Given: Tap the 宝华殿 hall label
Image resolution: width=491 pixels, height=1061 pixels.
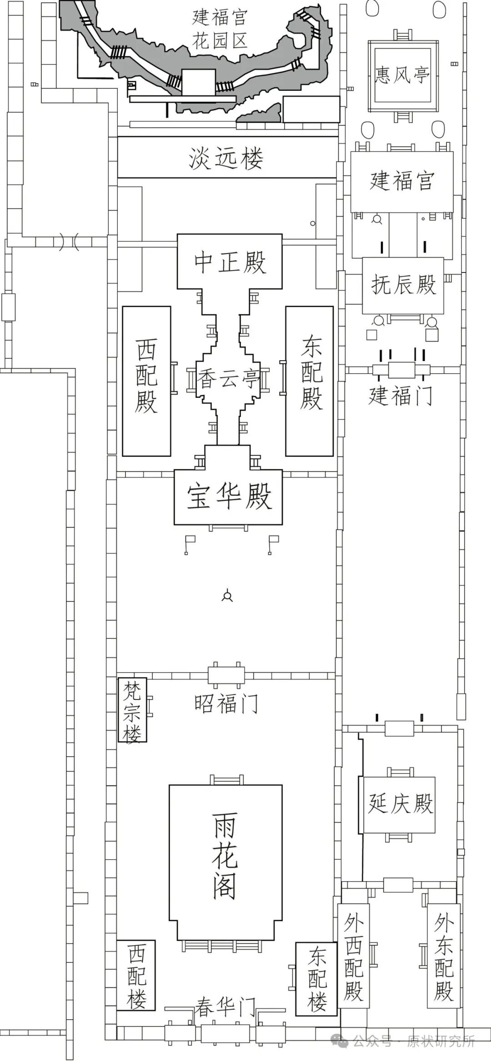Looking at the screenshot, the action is click(229, 496).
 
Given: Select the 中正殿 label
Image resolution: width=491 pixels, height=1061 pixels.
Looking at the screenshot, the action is click(230, 263).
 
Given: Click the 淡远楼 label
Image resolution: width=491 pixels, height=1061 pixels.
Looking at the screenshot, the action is click(226, 159).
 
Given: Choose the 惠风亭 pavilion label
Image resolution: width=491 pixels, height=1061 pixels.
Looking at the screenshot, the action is click(402, 74).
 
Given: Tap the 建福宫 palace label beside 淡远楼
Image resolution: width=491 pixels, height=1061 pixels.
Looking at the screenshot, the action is click(402, 181).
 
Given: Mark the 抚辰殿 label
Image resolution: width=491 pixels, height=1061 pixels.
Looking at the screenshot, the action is click(403, 285).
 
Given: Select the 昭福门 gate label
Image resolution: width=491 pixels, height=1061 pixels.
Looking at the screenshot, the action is click(226, 704).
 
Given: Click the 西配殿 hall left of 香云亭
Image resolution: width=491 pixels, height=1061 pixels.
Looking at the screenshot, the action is click(146, 381).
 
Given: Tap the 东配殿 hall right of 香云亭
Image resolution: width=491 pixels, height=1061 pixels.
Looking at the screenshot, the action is click(309, 381).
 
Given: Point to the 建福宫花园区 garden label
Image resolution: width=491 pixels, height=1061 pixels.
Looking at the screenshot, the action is click(220, 29).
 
